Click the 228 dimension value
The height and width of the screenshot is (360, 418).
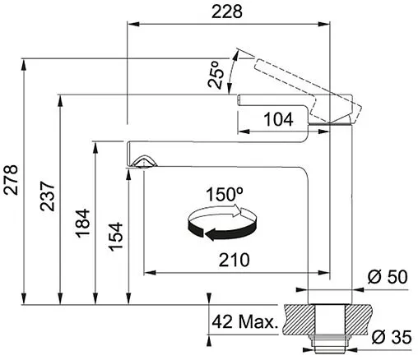227,12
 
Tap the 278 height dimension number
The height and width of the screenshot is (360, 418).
11,180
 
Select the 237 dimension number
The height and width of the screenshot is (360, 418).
48,196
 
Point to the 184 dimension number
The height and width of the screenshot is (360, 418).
82,224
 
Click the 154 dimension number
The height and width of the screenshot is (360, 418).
115,237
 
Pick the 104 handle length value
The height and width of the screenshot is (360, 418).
278,119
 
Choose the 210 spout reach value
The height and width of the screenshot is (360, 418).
234,260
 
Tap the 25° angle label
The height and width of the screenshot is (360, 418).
216,75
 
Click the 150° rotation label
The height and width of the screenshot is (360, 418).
225,194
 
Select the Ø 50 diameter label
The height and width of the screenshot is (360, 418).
388,277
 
